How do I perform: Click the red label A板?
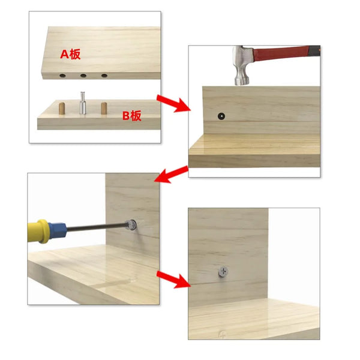pos(70,54)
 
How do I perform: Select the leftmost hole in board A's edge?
pos(62,77)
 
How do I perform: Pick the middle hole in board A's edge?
pos(83,76)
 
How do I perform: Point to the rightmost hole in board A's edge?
pos(104,76)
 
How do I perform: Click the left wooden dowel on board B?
pos(62,110)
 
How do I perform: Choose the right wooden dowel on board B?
pos(103,109)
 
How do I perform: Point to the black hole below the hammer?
pos(221,114)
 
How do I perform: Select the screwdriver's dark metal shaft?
pos(96,227)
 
